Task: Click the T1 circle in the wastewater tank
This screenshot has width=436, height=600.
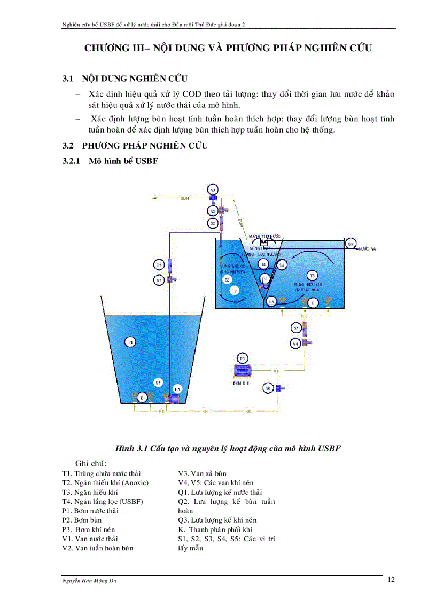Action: point(130,341)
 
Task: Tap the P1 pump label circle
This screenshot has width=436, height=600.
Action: point(178,388)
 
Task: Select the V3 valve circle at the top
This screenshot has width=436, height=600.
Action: point(212,190)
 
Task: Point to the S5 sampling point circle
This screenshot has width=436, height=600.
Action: point(351,243)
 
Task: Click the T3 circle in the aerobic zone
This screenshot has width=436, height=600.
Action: point(313,275)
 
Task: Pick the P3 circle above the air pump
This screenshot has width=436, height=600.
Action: point(242,358)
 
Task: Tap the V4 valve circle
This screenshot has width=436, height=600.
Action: point(295,344)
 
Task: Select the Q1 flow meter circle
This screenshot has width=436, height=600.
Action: point(159,265)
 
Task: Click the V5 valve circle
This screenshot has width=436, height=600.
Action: point(268,388)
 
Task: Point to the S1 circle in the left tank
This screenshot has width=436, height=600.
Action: point(158,382)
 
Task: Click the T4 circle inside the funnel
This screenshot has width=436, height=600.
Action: point(263,264)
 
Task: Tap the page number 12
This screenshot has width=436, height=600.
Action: point(391,580)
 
